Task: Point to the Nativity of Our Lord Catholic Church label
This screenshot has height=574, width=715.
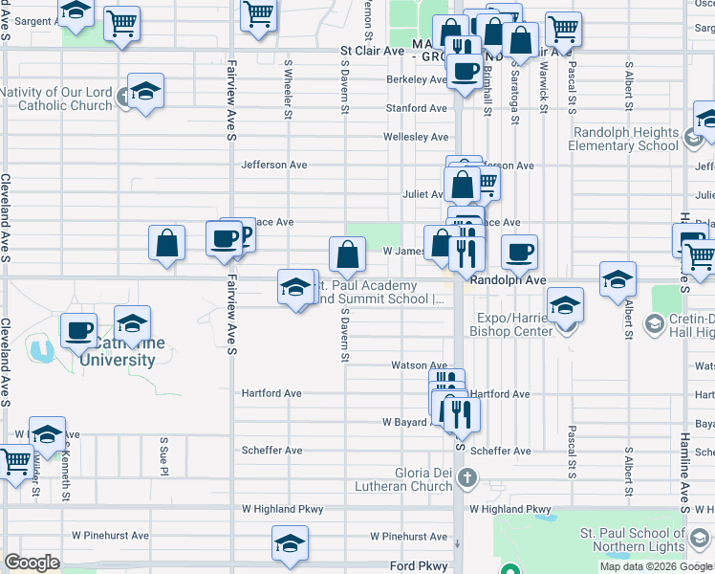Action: pos(56,99)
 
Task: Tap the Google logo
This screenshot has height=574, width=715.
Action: pos(32,563)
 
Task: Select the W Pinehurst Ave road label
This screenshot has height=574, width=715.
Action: pos(111,536)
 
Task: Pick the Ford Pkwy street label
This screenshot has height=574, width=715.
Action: pos(416,565)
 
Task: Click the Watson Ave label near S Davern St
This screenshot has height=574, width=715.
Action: pos(419,365)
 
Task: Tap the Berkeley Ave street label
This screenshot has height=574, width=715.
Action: pos(417,79)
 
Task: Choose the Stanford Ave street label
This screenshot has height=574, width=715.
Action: pos(416,108)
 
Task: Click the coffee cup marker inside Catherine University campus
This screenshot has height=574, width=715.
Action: pos(78,330)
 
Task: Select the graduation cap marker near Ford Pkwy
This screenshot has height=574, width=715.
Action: pos(290,542)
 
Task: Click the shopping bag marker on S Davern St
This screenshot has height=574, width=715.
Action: pos(346,254)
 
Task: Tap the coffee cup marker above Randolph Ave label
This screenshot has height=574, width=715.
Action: pos(519,252)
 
